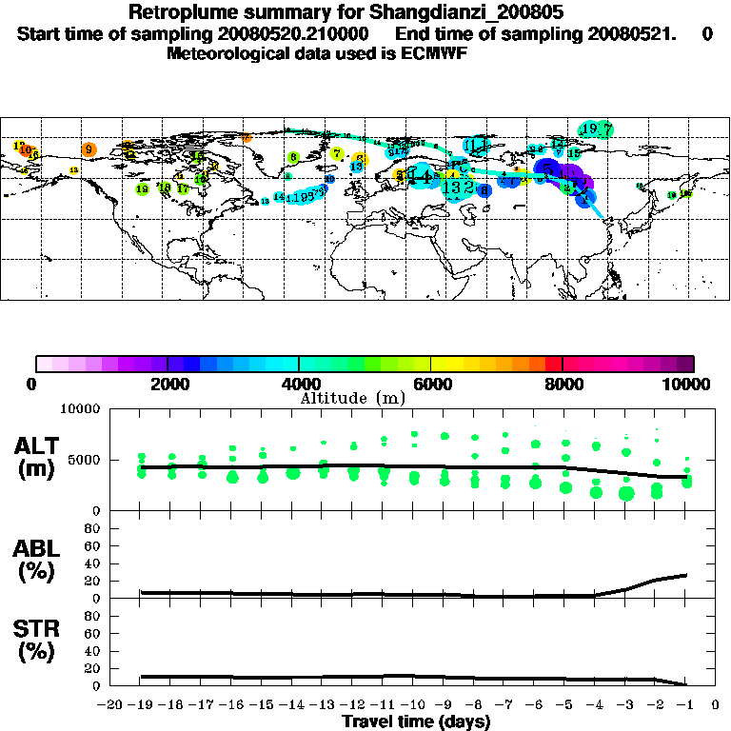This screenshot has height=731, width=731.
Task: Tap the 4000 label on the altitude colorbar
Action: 299,384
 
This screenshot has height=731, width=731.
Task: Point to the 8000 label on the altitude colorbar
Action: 563,384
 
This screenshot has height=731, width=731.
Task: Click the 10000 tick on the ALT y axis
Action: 82,409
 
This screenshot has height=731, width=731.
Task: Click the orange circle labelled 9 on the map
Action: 89,149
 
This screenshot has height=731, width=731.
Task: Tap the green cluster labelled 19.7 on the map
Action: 597,129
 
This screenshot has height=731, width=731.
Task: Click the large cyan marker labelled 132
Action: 458,188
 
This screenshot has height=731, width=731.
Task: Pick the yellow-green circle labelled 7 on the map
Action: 337,153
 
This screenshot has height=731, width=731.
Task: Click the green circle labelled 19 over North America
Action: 143,189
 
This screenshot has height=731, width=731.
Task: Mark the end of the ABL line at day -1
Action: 686,575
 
